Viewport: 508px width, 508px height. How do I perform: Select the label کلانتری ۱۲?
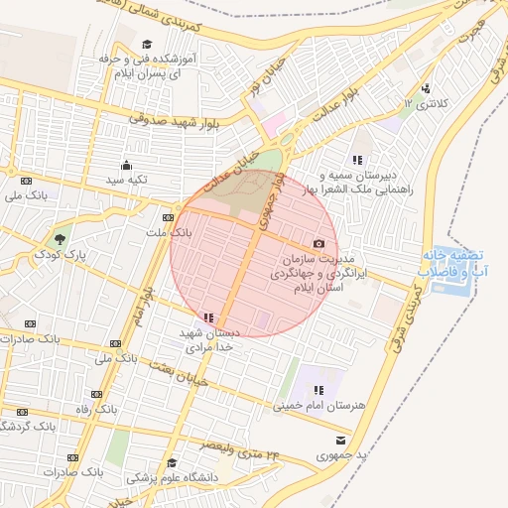pos(425,103)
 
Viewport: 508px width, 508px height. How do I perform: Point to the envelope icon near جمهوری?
pos(341,441)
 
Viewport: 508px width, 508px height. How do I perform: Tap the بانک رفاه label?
pos(98,408)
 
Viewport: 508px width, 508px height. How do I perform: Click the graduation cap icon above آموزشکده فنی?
pos(147,45)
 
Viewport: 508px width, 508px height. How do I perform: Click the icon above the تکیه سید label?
pos(127,166)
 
